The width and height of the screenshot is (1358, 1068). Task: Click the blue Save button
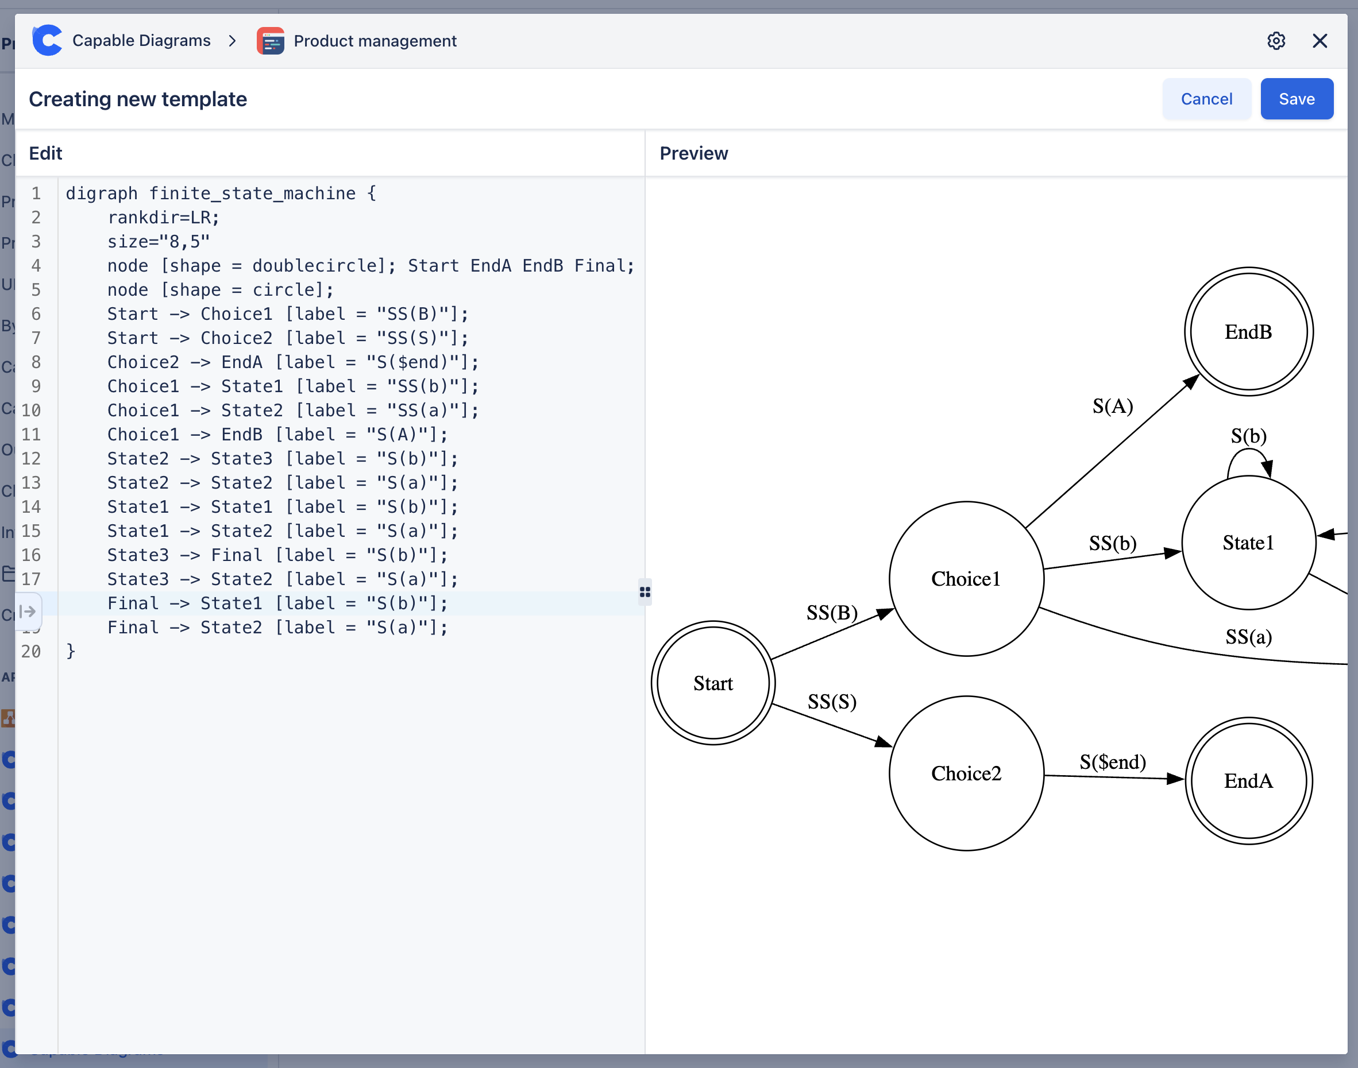coord(1296,99)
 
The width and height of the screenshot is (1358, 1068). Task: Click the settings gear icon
coord(1276,41)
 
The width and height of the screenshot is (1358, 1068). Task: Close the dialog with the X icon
coord(1319,41)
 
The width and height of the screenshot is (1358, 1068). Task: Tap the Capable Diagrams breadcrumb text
coord(141,41)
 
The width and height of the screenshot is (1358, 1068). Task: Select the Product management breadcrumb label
coord(375,41)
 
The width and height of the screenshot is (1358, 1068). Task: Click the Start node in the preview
coord(713,683)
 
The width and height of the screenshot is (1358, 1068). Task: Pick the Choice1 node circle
coord(966,579)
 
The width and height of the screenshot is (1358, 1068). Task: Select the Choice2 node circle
coord(966,773)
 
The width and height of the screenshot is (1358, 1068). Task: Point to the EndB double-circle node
coord(1248,332)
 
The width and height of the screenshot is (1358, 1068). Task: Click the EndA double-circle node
coord(1248,781)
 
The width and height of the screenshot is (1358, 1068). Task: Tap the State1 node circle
coord(1248,543)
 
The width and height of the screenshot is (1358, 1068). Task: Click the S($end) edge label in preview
coord(1112,761)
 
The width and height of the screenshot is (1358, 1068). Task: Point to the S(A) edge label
coord(1112,407)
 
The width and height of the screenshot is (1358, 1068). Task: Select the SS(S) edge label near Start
coord(831,702)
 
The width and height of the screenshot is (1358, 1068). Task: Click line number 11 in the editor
coord(31,435)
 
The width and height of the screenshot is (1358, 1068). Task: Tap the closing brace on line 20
coord(71,651)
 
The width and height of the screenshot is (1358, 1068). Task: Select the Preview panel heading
coord(693,153)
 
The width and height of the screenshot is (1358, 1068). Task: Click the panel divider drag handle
coord(645,591)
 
